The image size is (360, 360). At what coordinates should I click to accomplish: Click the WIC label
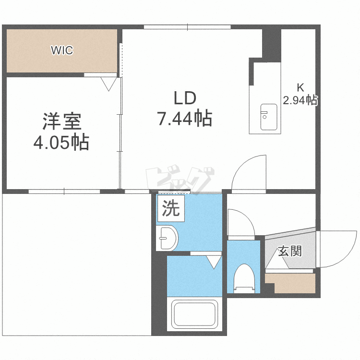(x=62, y=50)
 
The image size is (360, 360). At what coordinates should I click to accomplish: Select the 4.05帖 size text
(x=61, y=143)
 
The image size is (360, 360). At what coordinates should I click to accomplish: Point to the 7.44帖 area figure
(x=185, y=118)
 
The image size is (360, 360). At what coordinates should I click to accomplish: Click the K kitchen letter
(x=300, y=88)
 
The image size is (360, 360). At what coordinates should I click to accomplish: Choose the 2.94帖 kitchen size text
(x=300, y=100)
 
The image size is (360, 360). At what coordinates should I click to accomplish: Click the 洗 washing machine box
(x=170, y=208)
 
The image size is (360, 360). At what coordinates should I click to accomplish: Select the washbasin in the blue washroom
(x=168, y=238)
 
